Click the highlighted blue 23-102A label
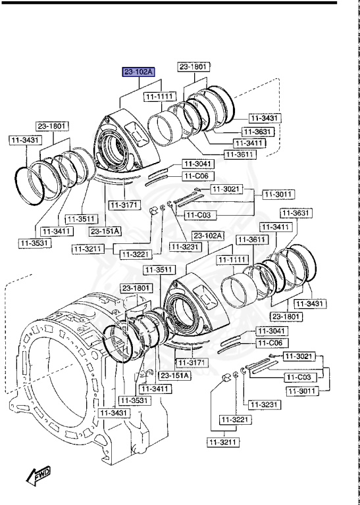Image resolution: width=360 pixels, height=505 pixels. (x=138, y=72)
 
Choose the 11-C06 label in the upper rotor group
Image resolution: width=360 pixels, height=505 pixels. (x=196, y=176)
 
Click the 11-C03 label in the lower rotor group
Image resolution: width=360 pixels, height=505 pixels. (x=299, y=377)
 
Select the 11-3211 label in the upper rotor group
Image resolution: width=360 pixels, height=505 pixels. (x=89, y=249)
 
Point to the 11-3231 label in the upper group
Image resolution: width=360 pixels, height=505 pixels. (x=185, y=247)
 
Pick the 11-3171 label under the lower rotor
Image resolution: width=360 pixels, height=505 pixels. (x=191, y=363)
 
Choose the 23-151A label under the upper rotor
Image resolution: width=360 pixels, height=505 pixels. (x=105, y=231)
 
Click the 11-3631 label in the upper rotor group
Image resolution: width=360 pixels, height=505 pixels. (x=256, y=132)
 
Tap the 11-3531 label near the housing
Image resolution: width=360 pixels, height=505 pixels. (x=134, y=400)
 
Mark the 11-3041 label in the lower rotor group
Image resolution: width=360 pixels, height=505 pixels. (x=272, y=331)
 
